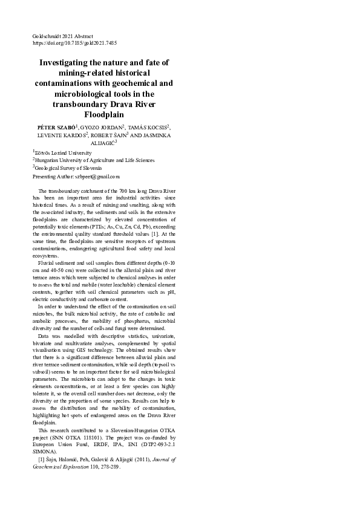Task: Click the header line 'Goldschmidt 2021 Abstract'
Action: [62, 37]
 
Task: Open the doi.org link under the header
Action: [74, 44]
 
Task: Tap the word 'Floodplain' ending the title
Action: [105, 114]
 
